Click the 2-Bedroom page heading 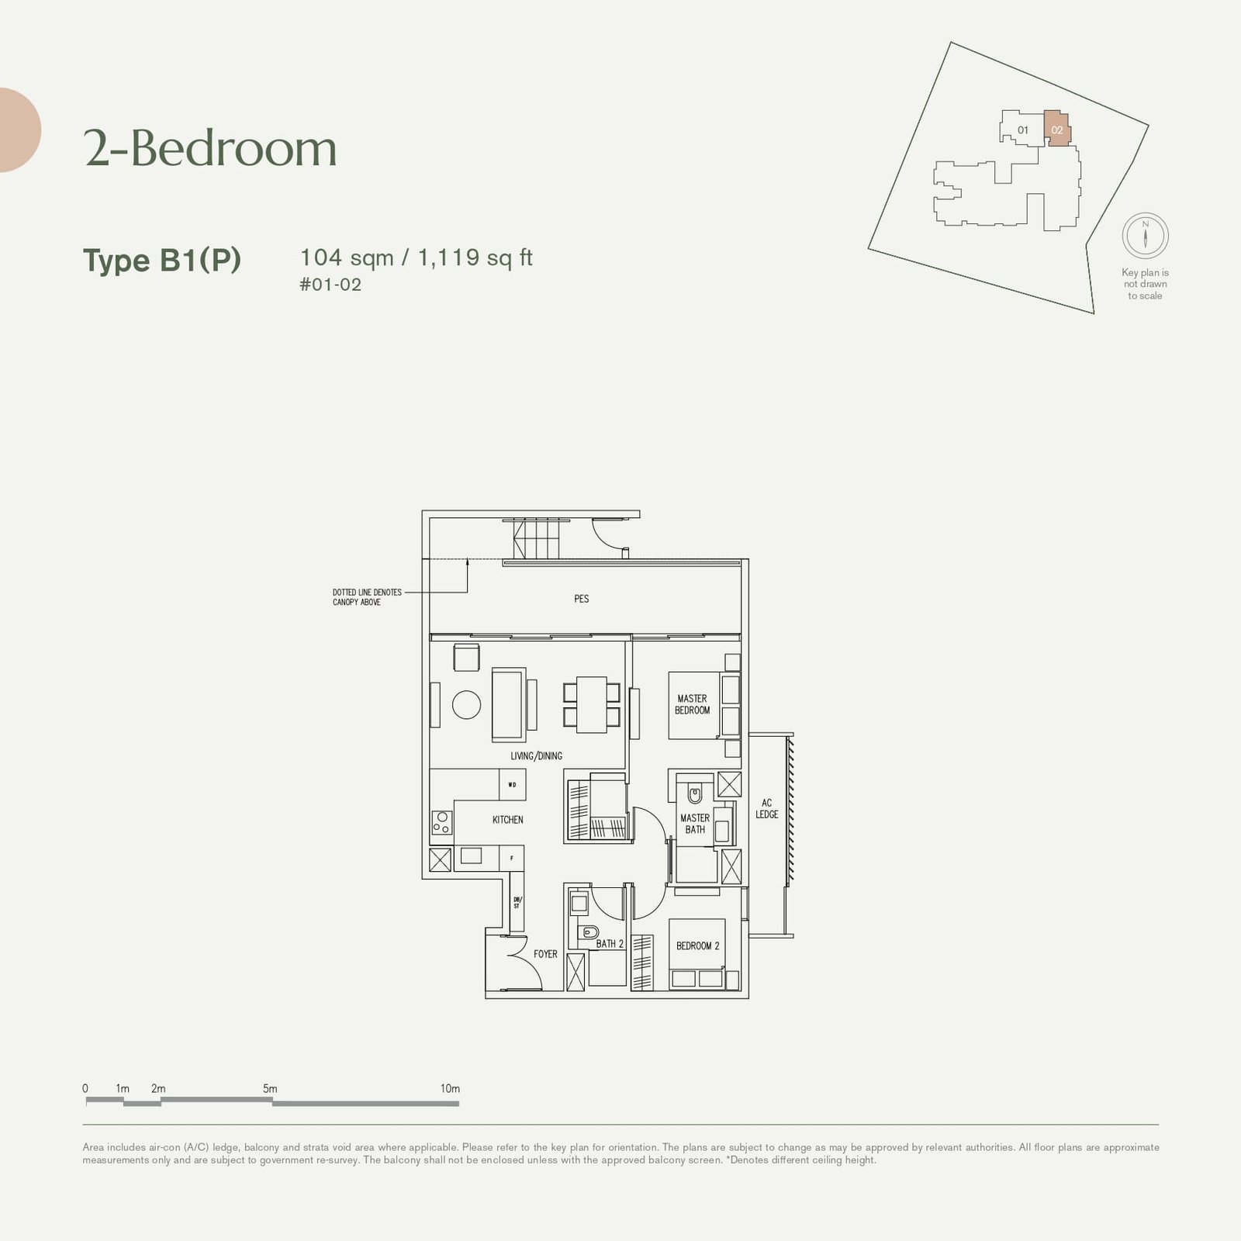click(210, 148)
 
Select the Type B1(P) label click(162, 261)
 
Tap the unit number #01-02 click(330, 285)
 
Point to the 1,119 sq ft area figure click(475, 258)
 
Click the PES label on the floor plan click(582, 599)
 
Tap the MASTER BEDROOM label click(692, 704)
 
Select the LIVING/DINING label click(536, 756)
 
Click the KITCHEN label click(507, 820)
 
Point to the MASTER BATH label click(694, 824)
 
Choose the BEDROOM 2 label click(697, 946)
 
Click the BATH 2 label click(610, 944)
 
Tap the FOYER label click(545, 954)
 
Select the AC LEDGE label click(767, 809)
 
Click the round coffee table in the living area click(466, 704)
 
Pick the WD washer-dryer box click(512, 784)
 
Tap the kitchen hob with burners click(441, 822)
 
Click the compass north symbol click(1145, 235)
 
